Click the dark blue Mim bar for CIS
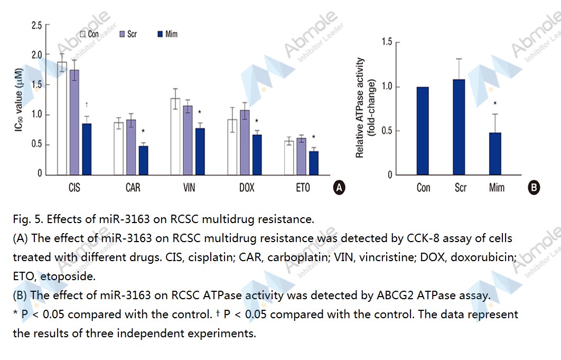click(87, 149)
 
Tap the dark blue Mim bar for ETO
click(314, 163)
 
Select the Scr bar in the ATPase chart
click(460, 127)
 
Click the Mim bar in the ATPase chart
click(495, 153)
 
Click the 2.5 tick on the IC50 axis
click(36, 25)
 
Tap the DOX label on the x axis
click(247, 188)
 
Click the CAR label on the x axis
click(133, 188)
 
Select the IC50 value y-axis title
click(19, 100)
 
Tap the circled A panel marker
click(339, 187)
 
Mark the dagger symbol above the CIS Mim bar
click(87, 105)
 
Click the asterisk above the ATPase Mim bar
click(495, 104)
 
